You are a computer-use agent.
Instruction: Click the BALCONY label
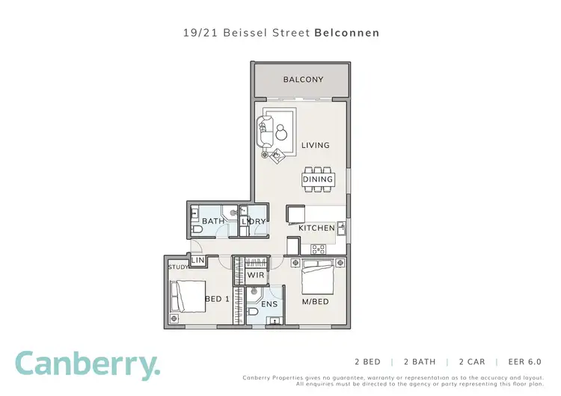tap(303, 79)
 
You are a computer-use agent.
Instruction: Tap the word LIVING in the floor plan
tap(315, 145)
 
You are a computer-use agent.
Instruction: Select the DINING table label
tap(317, 179)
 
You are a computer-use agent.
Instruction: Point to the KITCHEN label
tap(316, 228)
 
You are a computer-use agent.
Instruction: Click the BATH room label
tap(212, 221)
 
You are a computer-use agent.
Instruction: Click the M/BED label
tap(314, 301)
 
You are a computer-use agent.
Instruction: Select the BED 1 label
tap(216, 300)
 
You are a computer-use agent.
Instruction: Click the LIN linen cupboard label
tap(198, 260)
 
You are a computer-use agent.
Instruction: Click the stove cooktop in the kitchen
tap(318, 249)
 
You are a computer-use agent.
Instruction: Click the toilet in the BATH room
tap(196, 229)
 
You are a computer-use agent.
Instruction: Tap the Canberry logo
tap(88, 365)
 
